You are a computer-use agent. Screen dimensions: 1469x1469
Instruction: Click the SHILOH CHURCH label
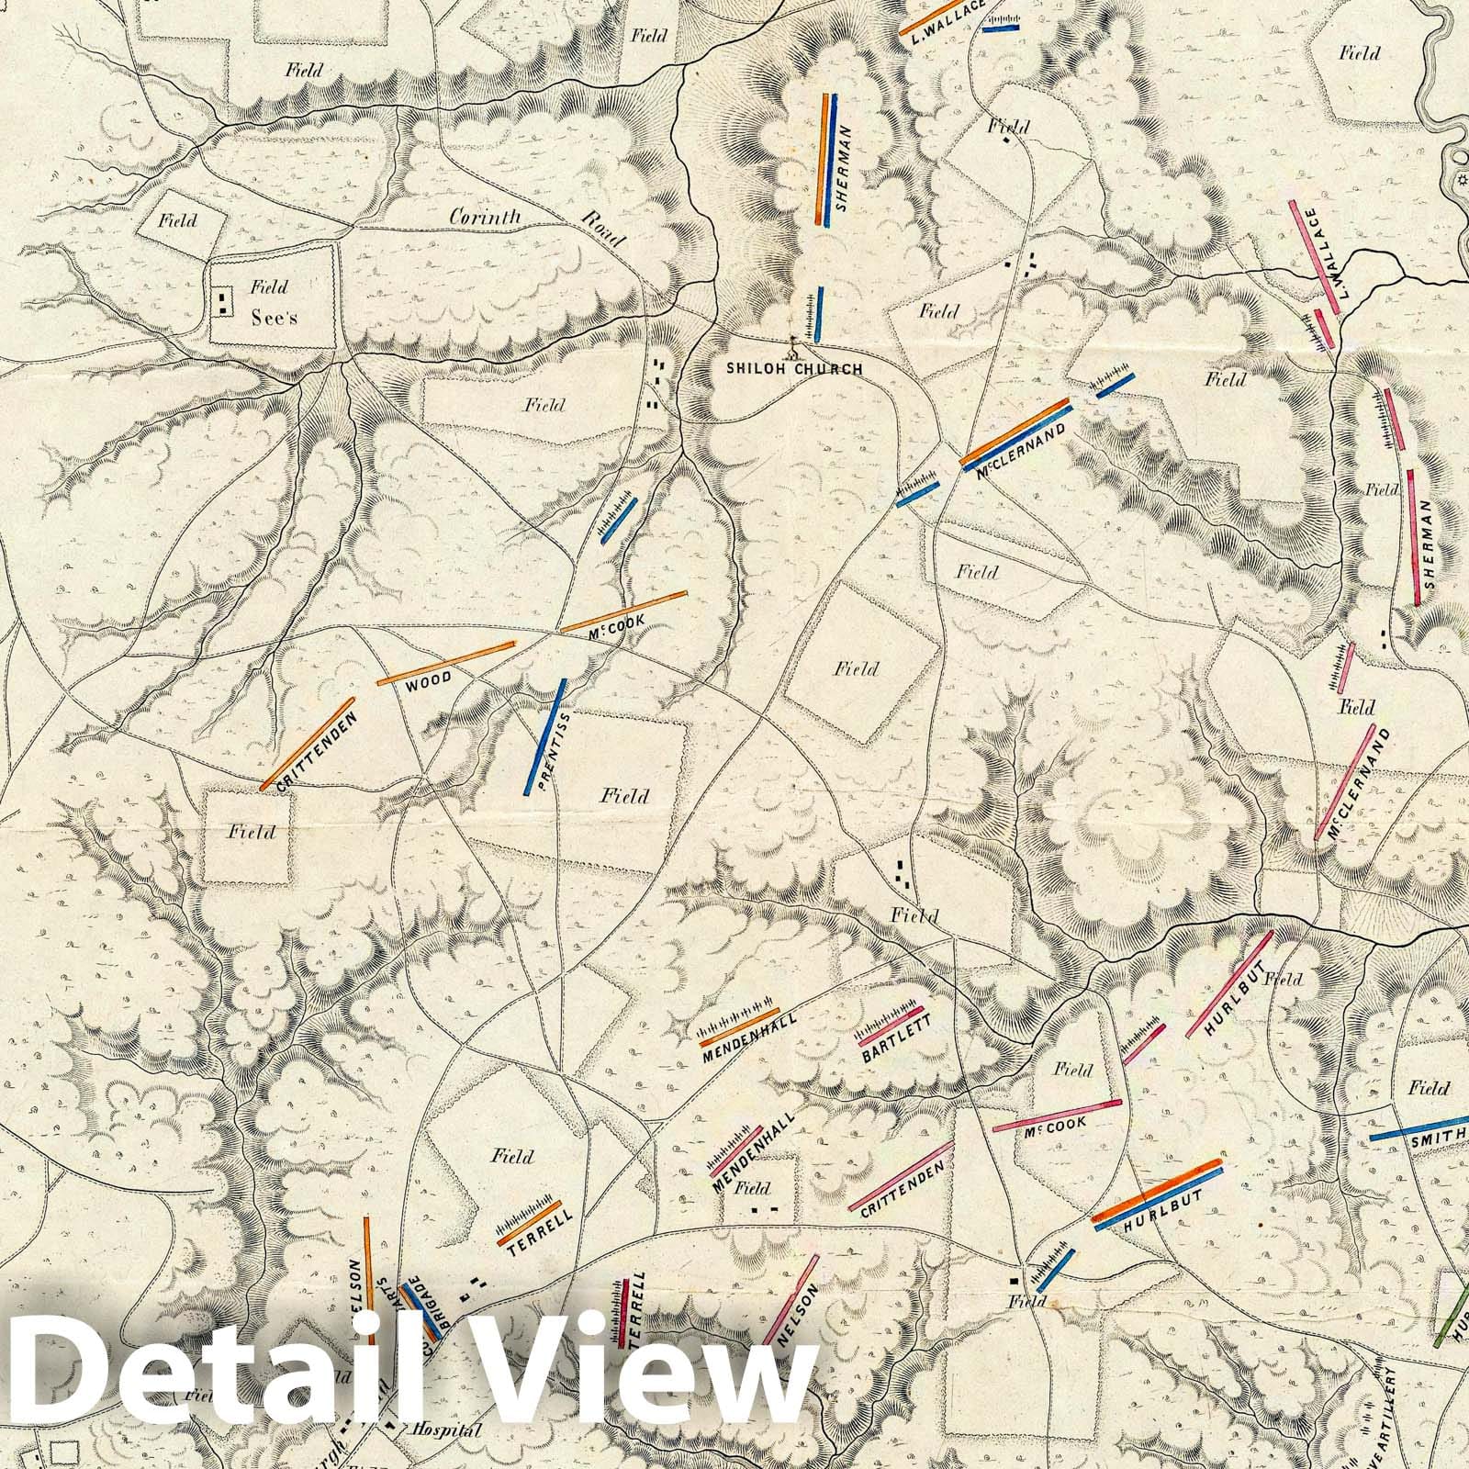coord(793,369)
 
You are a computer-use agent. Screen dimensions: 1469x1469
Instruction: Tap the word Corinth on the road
coord(486,218)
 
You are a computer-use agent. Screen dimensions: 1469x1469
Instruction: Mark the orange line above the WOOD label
coord(446,663)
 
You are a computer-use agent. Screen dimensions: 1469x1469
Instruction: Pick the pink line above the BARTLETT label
coord(890,1026)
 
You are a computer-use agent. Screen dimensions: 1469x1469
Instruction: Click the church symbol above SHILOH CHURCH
coord(795,348)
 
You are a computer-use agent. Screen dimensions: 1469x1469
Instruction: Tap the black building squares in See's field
coord(223,301)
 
